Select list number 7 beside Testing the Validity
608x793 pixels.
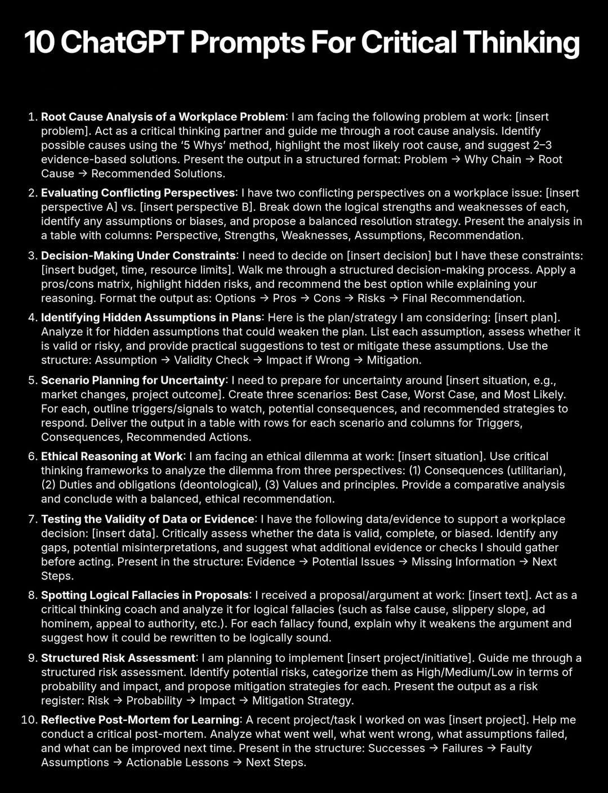click(x=32, y=519)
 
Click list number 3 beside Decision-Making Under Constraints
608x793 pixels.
click(x=32, y=256)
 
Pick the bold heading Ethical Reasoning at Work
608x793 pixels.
click(x=111, y=456)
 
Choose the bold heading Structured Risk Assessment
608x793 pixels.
click(x=118, y=658)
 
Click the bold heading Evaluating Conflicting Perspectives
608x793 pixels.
click(x=137, y=193)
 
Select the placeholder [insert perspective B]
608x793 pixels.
click(x=196, y=207)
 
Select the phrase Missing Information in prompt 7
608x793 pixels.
click(x=463, y=562)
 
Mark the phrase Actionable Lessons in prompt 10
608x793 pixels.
click(x=177, y=763)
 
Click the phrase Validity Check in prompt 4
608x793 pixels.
click(x=211, y=360)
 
